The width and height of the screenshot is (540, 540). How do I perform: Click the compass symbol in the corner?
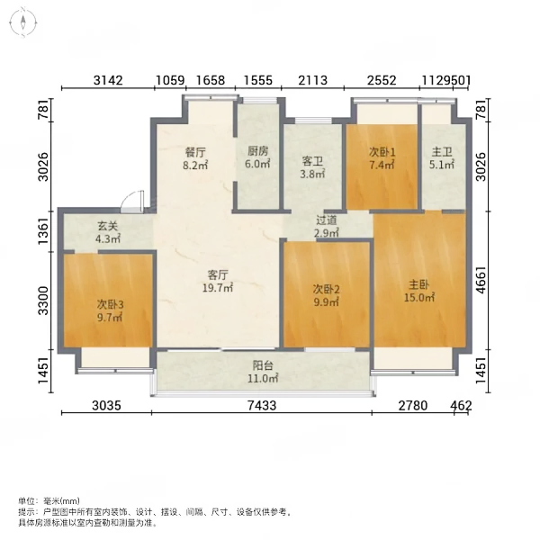[23, 23]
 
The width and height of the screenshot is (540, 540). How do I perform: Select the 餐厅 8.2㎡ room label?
[195, 158]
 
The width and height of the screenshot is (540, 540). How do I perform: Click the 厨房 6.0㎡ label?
[257, 157]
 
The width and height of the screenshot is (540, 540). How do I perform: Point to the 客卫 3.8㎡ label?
[312, 167]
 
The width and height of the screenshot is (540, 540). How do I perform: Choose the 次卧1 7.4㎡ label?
[382, 158]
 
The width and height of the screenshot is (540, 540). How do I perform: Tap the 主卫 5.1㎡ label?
[442, 158]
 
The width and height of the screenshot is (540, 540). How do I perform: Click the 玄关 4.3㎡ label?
[108, 232]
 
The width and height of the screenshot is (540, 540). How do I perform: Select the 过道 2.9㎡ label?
[327, 226]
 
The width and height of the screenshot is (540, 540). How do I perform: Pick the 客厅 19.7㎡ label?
[217, 281]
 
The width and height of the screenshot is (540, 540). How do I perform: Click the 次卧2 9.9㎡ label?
[326, 295]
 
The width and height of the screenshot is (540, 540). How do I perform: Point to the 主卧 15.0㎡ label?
[418, 291]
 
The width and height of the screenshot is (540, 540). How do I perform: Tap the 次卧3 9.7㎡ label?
[110, 310]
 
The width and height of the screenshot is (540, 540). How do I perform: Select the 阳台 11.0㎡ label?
[263, 372]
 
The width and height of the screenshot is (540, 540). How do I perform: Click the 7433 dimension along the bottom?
[262, 405]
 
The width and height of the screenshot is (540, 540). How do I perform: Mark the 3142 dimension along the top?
[108, 80]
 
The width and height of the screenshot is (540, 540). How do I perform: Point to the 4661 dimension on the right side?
[481, 280]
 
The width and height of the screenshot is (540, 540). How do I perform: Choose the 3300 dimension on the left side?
[44, 301]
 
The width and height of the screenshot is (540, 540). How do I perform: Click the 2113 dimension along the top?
[312, 80]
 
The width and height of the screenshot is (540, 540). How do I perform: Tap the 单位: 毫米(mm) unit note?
[49, 501]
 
